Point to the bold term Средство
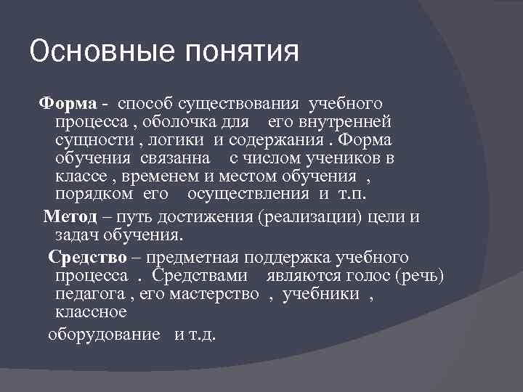[87, 258]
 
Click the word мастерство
[214, 295]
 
